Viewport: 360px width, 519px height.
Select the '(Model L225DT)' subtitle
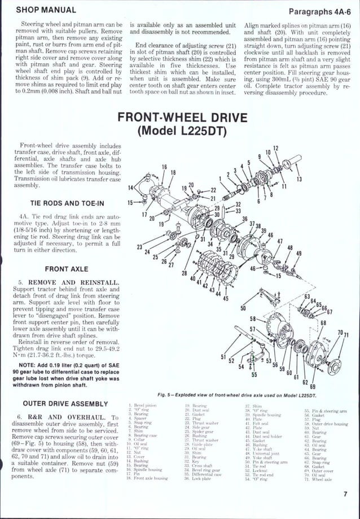pos(182,132)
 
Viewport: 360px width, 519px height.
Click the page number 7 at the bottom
pos(345,495)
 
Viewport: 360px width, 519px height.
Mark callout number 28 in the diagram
pos(184,273)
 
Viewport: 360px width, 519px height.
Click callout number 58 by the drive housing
pos(253,319)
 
